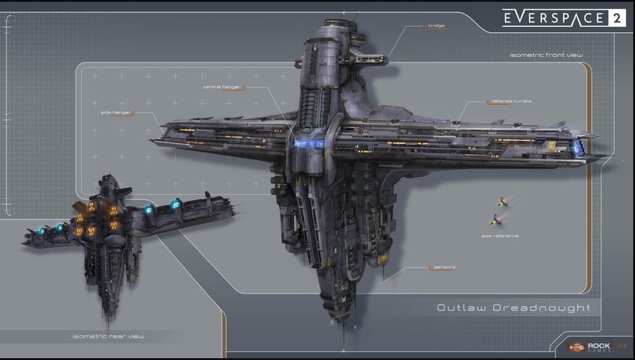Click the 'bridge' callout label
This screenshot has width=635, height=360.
[x=436, y=26]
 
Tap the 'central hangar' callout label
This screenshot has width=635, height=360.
[x=222, y=87]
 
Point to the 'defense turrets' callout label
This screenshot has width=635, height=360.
[x=510, y=101]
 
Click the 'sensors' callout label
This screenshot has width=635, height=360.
[x=444, y=267]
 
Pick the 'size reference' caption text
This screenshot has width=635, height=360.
[x=499, y=236]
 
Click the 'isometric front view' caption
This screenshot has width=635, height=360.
[x=546, y=55]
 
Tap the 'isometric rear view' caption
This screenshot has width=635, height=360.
[x=108, y=336]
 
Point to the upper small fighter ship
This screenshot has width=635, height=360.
[x=502, y=202]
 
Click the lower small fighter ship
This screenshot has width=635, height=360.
[x=495, y=219]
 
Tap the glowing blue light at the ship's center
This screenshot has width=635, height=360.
[x=309, y=144]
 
